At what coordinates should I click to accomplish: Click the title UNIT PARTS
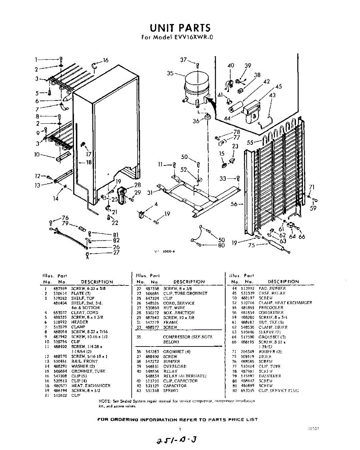point(180,28)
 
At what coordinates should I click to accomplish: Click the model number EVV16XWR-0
point(192,37)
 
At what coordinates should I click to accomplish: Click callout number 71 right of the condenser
point(311,187)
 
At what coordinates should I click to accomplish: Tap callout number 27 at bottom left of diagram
point(116,253)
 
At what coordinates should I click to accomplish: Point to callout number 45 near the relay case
point(278,87)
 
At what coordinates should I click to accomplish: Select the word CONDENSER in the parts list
point(271,312)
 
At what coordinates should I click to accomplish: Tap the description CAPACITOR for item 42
point(175,385)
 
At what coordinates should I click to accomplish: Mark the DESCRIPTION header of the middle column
point(189,282)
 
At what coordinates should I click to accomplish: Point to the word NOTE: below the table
point(104,401)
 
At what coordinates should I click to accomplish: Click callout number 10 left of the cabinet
point(37,154)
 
